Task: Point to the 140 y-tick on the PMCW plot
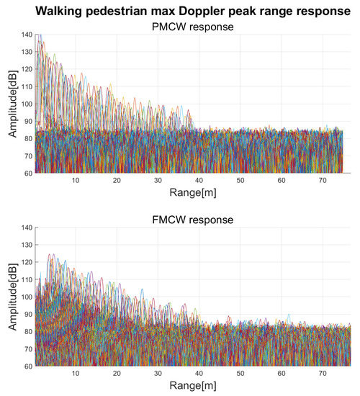(24, 35)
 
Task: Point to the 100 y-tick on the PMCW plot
(24, 104)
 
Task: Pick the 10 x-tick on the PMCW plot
(76, 180)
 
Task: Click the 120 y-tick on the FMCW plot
(24, 262)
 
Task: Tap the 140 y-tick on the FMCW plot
(24, 228)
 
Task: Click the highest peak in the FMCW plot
(51, 254)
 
